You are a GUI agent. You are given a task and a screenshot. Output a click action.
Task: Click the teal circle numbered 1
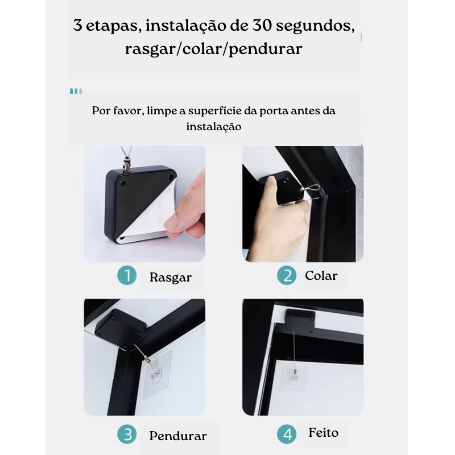127,275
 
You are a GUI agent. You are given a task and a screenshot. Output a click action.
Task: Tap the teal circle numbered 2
287,275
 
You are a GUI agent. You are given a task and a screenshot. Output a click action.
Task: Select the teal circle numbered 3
127,435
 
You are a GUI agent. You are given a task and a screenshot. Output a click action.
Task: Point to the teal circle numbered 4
287,435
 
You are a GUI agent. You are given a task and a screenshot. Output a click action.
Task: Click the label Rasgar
171,278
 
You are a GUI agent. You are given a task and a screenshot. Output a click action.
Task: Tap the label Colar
321,275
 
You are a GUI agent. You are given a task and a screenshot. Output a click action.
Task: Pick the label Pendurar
178,436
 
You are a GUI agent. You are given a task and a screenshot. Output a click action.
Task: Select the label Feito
323,433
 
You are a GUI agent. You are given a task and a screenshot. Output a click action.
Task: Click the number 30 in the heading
262,25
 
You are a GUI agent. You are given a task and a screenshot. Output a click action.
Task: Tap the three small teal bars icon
76,91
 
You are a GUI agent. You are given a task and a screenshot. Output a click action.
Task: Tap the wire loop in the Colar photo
312,190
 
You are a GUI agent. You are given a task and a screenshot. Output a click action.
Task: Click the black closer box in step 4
300,321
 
